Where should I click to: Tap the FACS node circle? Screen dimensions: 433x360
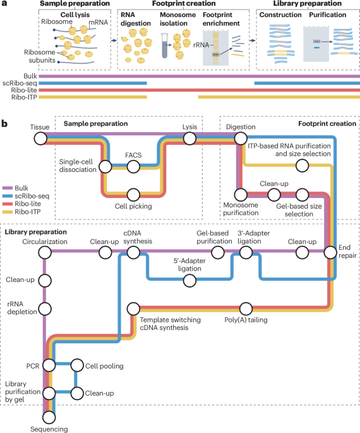[133, 167]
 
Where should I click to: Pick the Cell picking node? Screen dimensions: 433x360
[133, 195]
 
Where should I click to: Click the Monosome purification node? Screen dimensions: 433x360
[239, 195]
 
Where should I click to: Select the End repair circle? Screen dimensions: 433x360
[330, 252]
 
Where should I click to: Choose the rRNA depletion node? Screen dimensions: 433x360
[45, 308]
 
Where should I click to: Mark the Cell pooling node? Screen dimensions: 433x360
[76, 365]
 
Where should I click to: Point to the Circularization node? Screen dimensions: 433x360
[45, 252]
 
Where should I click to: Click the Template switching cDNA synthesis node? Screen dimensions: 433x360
[133, 308]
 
